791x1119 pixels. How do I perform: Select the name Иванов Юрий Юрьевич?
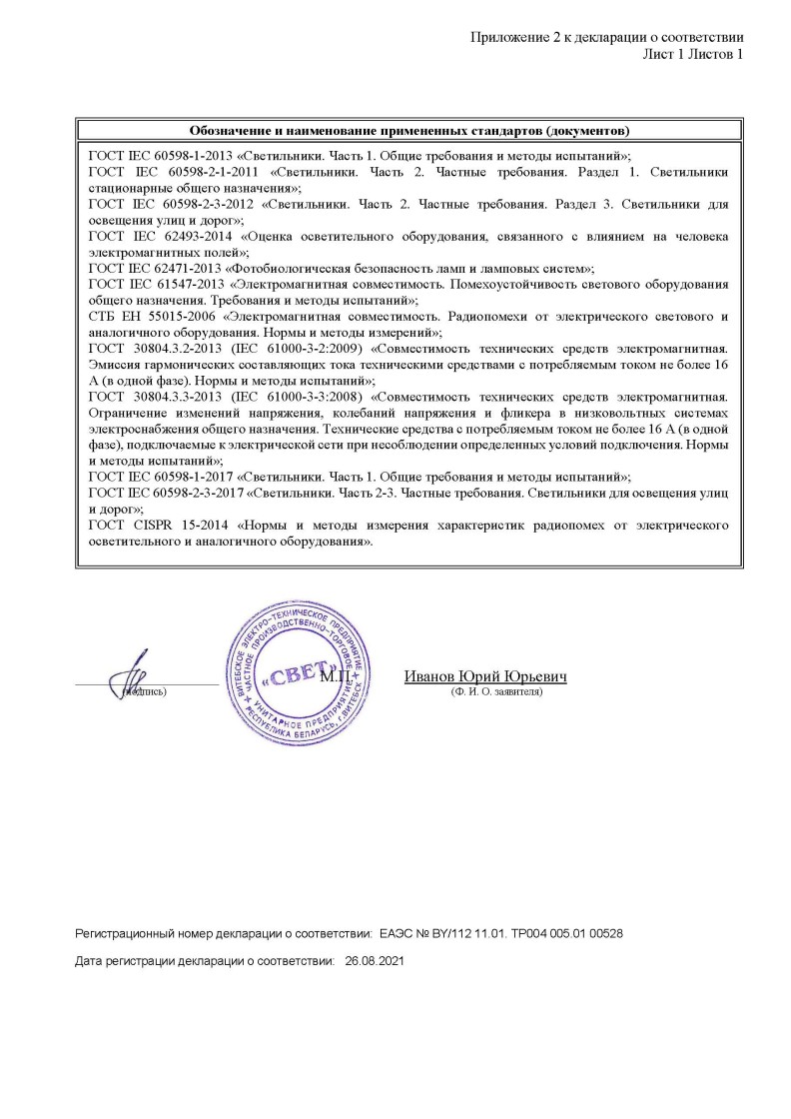click(485, 676)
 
